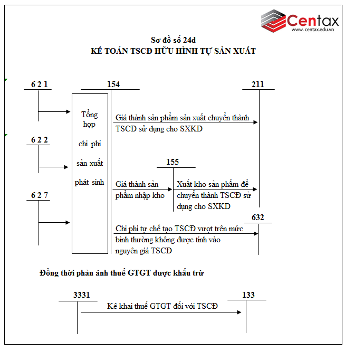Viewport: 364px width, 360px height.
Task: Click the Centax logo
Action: click(x=299, y=20)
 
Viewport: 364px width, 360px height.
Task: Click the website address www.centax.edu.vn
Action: click(x=313, y=30)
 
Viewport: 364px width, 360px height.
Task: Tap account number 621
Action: click(x=40, y=84)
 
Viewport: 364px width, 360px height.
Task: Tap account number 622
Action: click(x=40, y=140)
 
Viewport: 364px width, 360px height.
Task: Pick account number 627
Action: click(x=40, y=195)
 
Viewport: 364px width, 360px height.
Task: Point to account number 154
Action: click(x=113, y=84)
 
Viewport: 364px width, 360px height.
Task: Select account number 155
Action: click(x=173, y=162)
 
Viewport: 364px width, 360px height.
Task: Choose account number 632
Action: click(x=258, y=217)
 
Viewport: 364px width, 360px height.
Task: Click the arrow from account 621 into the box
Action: click(x=54, y=111)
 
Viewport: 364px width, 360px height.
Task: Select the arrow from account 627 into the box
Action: click(x=54, y=223)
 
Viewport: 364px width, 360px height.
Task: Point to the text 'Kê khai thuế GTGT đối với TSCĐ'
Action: click(x=162, y=306)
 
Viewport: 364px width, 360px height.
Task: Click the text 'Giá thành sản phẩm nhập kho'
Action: click(x=140, y=190)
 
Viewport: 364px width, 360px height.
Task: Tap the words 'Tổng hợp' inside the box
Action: click(x=90, y=120)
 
